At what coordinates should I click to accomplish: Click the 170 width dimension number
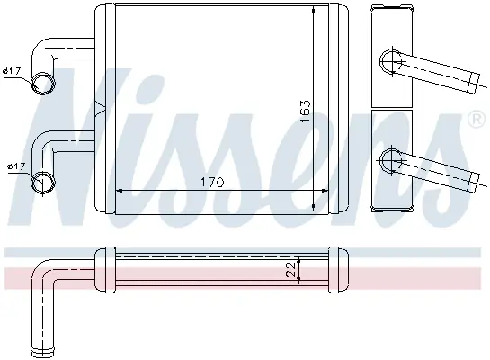click(212, 182)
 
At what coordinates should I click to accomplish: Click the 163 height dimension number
click(305, 111)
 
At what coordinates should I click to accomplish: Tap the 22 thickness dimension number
click(290, 269)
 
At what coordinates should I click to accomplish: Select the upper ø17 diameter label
click(12, 71)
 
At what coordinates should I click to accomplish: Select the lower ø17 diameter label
click(16, 166)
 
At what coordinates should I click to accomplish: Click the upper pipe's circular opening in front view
click(43, 84)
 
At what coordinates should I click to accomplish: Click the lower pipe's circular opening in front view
click(43, 183)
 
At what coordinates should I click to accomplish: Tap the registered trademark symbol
click(476, 120)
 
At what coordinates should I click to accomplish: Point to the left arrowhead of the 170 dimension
click(119, 190)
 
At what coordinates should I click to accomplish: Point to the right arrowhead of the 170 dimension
click(325, 190)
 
